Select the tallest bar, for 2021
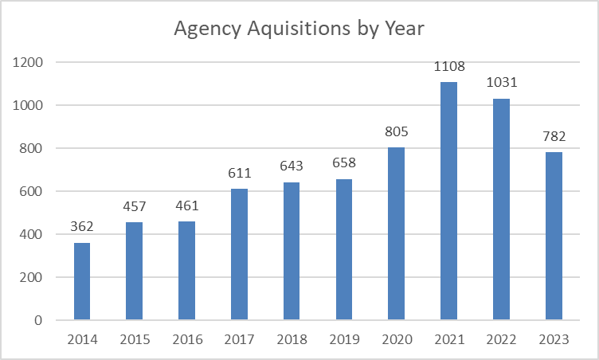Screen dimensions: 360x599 tap(448, 201)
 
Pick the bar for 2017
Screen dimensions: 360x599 tap(239, 254)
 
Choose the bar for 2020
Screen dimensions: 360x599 tap(396, 233)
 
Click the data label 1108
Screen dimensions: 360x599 tap(448, 67)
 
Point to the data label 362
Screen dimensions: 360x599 tap(82, 228)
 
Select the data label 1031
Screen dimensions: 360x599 tap(501, 84)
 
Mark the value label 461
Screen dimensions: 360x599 tap(186, 206)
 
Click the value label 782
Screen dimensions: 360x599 tap(554, 137)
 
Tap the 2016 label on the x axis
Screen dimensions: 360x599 tap(186, 339)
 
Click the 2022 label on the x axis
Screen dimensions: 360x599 tap(501, 339)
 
